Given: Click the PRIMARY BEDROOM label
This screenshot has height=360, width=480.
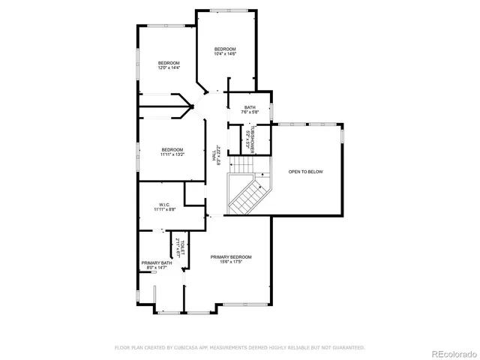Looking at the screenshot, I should [231, 256].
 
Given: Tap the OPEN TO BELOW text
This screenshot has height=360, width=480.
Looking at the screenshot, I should [305, 172].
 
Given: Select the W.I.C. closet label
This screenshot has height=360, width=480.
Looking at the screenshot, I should [165, 205].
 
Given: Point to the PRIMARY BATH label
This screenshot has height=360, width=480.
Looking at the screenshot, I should [156, 262].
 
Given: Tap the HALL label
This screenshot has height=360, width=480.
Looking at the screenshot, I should [214, 158].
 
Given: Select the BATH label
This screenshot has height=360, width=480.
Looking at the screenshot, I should [250, 107].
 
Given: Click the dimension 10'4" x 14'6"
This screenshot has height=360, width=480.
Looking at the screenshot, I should [225, 54].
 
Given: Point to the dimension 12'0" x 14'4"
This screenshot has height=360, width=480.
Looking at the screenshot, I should [169, 67].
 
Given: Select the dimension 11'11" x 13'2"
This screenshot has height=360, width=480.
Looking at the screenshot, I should [172, 154].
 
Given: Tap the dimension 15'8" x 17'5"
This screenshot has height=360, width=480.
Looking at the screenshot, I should [231, 262].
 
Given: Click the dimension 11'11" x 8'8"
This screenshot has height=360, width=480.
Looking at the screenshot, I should [165, 210].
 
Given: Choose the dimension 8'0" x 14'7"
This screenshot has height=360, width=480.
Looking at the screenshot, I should [156, 268].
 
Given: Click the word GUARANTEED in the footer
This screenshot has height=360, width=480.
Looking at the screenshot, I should [349, 348].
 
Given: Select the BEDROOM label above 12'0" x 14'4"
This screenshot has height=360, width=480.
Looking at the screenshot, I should [169, 62].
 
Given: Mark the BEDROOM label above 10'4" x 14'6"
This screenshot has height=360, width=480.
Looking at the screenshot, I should [225, 49].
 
